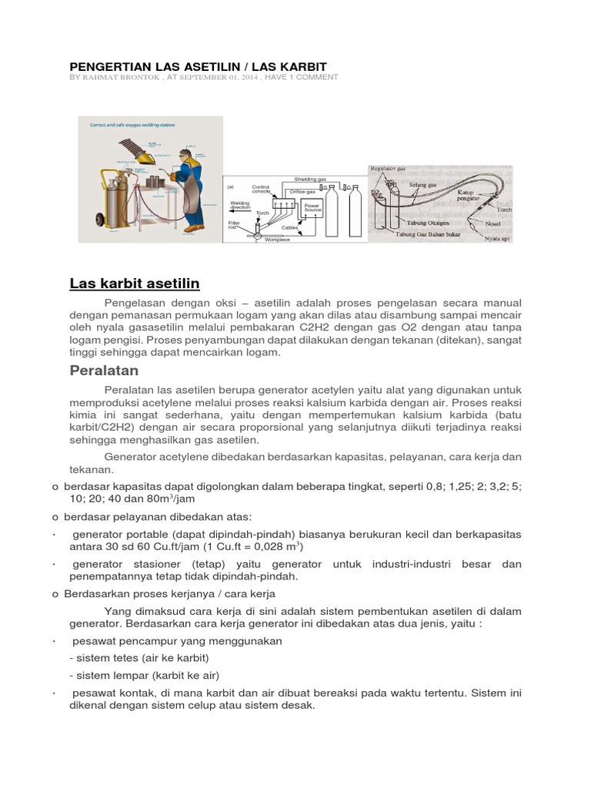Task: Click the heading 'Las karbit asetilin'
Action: coord(135,284)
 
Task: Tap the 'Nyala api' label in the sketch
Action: coord(498,238)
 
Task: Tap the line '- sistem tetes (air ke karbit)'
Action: coord(139,658)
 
